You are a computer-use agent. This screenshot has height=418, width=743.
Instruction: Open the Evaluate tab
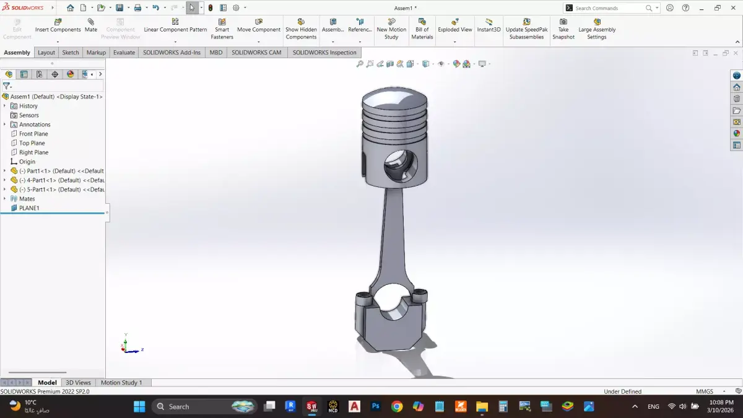coord(124,53)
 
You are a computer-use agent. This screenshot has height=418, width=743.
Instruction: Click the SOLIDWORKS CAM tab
coord(256,53)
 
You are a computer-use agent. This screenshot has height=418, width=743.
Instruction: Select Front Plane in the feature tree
coord(33,134)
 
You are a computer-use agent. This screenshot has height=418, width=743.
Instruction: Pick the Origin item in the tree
coord(27,162)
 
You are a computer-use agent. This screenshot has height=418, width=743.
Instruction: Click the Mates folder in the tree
coord(27,199)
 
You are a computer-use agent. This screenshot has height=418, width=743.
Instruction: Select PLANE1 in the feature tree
coord(28,208)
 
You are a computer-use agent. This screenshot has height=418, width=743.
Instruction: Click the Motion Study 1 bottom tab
coord(121,383)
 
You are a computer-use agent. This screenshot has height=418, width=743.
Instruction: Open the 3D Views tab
coord(78,383)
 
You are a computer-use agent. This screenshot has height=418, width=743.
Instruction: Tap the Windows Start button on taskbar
coord(139,407)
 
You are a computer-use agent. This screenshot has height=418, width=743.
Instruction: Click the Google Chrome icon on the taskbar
coord(397,407)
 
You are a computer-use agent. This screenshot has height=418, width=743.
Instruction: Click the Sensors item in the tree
coord(28,115)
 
